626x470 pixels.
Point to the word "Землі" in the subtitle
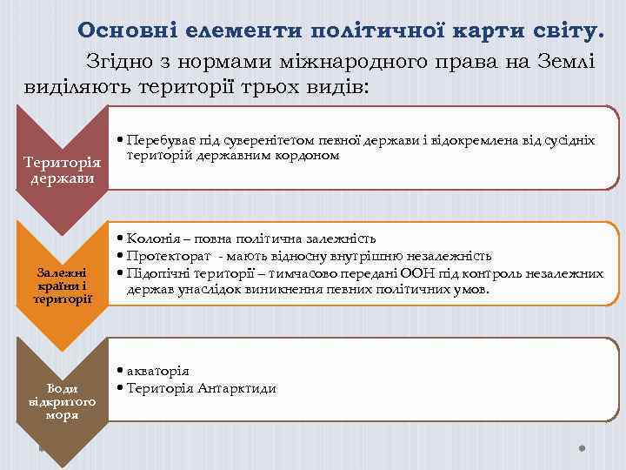(565, 62)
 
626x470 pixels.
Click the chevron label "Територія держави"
(63, 171)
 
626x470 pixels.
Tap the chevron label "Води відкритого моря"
(63, 401)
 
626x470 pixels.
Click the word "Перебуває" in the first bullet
(156, 140)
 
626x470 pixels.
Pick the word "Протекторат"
(169, 255)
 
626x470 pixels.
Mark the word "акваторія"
(157, 371)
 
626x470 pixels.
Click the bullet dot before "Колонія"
(119, 238)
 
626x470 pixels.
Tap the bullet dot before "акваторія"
(119, 371)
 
